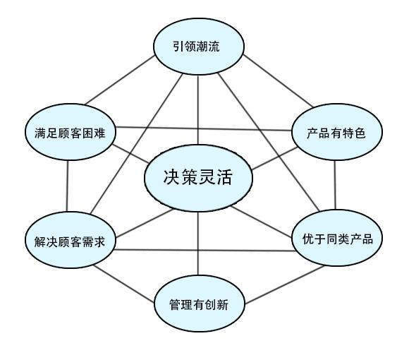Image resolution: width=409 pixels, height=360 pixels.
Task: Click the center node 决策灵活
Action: coord(198,178)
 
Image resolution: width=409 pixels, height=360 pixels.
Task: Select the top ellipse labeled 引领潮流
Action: coord(199,47)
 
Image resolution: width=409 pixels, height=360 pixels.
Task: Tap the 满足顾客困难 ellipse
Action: coord(71,132)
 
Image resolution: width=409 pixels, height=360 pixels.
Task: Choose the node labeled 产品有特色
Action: coord(337,132)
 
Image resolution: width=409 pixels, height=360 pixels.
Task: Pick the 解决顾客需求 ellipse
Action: coord(71,240)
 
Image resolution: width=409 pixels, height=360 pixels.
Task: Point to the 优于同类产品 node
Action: coord(337,238)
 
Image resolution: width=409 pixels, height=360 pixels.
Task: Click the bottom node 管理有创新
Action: coord(200,304)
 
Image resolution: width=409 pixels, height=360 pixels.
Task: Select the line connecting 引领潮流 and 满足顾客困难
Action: coord(121,80)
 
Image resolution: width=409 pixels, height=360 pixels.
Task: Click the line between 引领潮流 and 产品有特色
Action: coord(278,81)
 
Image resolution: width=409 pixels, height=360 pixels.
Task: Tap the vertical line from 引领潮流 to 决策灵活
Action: coord(198,110)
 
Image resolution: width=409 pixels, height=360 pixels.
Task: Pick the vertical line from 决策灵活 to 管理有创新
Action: coord(198,244)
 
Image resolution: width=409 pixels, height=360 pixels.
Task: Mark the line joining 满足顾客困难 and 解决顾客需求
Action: coord(67,186)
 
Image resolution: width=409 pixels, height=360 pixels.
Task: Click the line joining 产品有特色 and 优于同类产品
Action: coord(335,185)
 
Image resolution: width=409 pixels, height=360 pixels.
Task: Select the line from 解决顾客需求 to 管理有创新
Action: coord(124,284)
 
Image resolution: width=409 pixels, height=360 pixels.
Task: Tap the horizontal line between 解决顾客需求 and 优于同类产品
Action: coord(204,251)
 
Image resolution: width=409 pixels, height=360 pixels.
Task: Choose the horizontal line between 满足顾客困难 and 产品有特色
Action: coord(204,128)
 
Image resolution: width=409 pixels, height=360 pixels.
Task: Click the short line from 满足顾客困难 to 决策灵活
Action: coord(130,154)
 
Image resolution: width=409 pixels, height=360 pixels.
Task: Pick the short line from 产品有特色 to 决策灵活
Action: coord(275,158)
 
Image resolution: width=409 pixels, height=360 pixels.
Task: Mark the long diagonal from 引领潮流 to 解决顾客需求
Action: coord(137,144)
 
